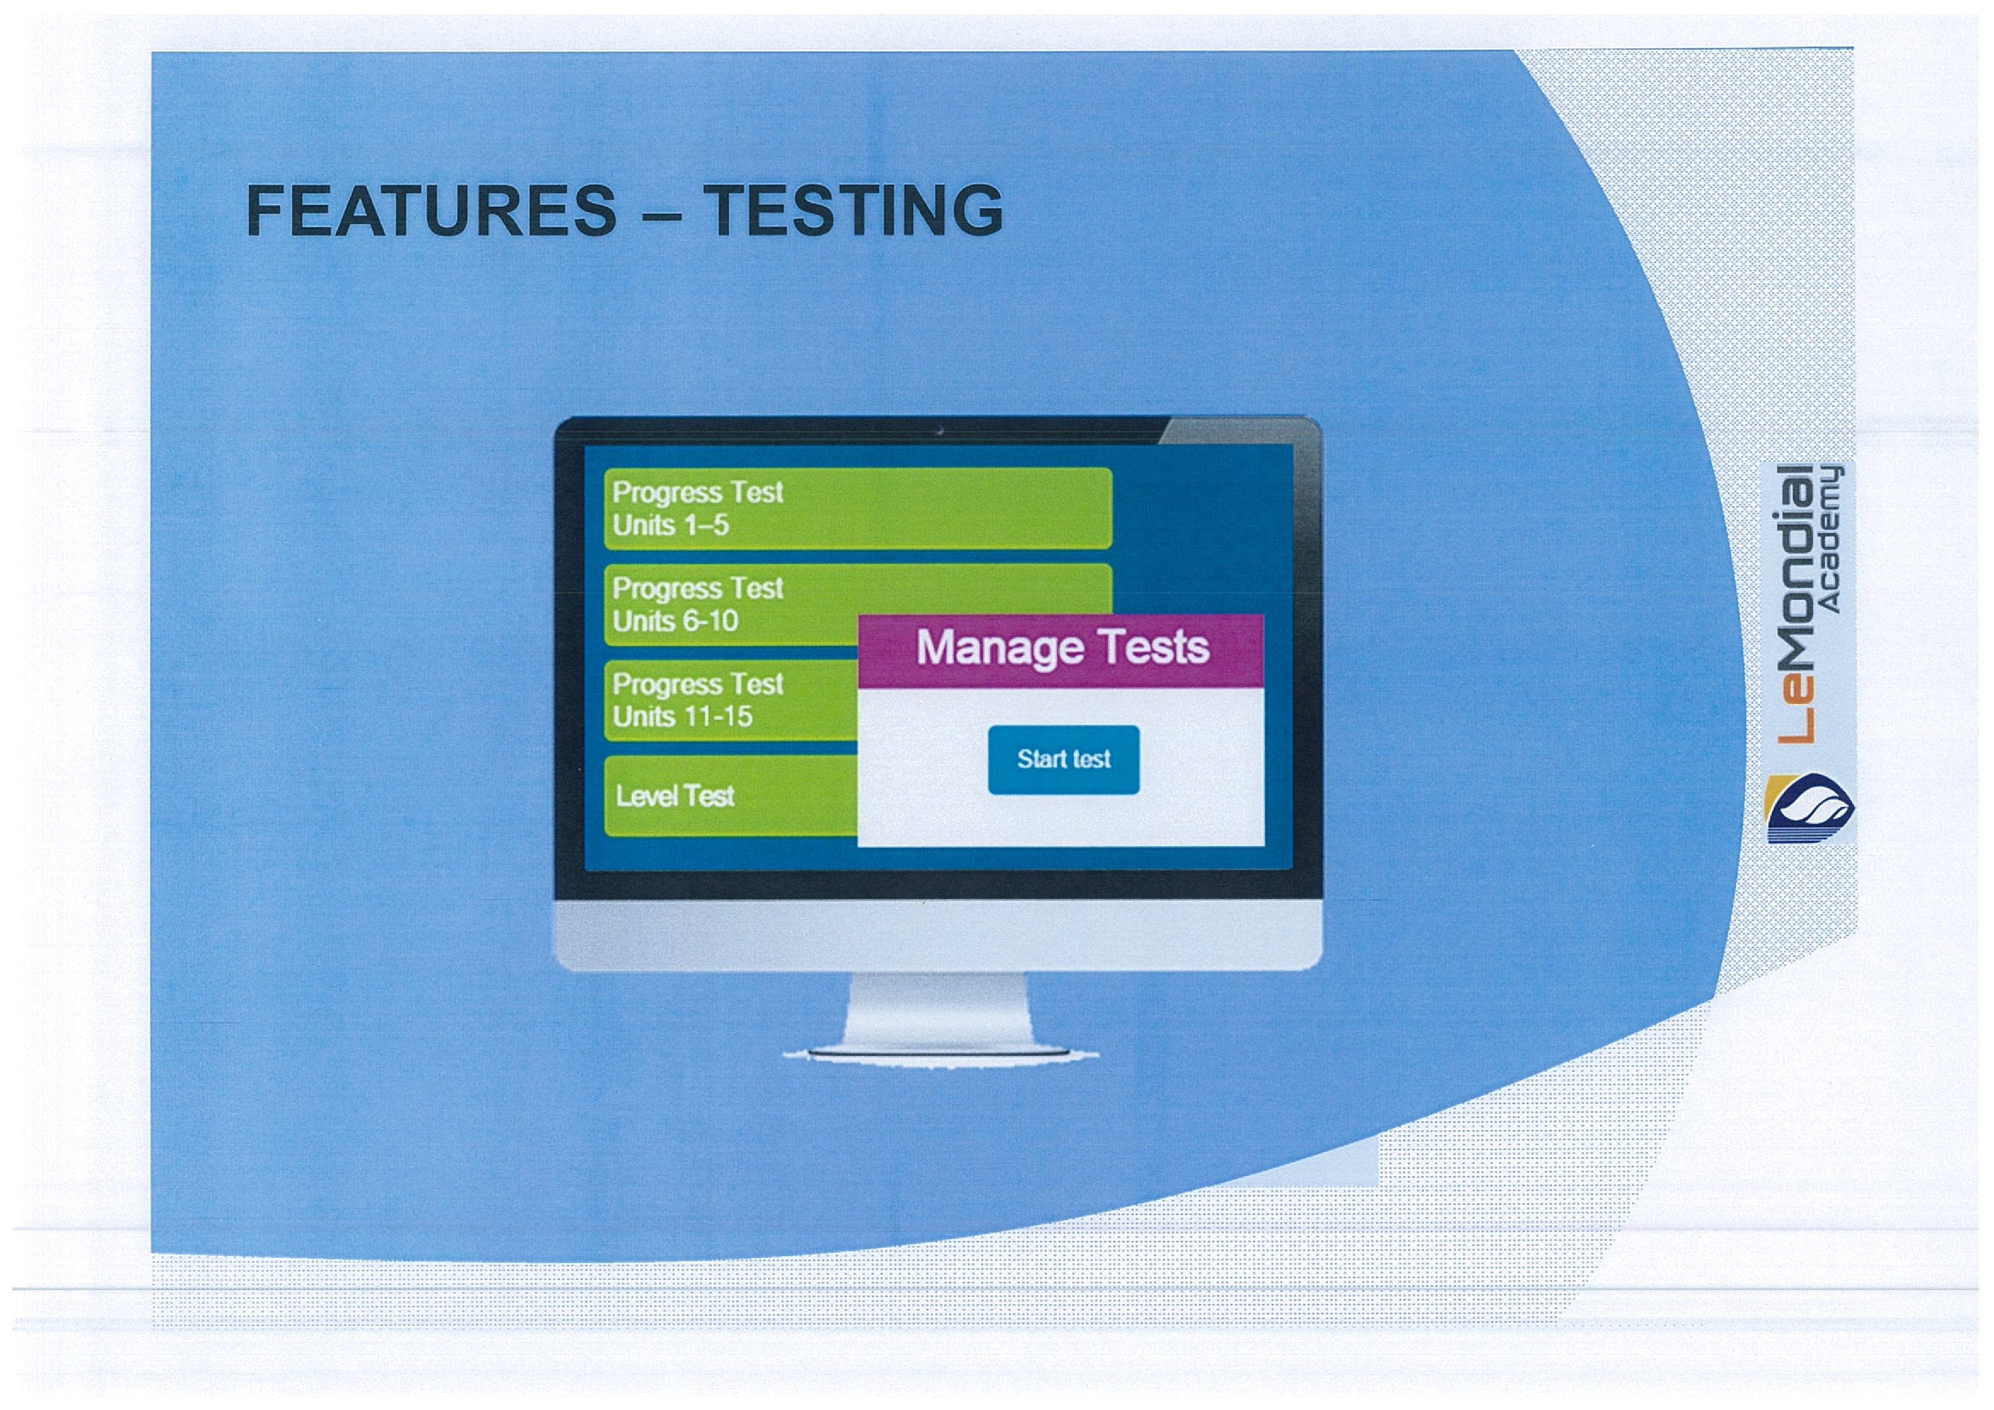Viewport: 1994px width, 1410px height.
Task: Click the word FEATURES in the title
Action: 431,210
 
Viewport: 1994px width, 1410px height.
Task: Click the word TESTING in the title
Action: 853,210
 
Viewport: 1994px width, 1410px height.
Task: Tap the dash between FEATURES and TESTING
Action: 660,213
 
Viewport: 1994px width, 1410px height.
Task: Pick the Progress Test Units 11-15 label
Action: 697,700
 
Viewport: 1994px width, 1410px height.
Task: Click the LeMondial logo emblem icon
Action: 1809,808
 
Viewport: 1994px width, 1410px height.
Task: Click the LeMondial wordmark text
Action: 1793,605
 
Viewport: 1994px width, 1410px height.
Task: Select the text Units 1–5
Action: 671,526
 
